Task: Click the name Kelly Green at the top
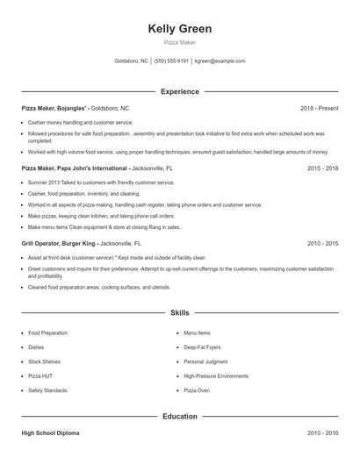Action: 180,29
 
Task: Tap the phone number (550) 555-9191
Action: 171,61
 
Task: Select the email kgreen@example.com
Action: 220,61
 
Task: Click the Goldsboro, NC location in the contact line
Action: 132,61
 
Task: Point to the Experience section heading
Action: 180,91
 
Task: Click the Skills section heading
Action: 180,312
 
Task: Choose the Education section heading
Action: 180,417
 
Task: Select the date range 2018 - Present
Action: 319,108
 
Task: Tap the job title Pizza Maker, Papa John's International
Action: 87,167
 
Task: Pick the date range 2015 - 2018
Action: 322,167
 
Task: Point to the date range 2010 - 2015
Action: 322,242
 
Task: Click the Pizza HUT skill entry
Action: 40,376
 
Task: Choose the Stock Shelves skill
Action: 43,361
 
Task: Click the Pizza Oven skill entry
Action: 197,390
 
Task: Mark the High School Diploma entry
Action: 52,433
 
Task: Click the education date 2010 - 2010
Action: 322,433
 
